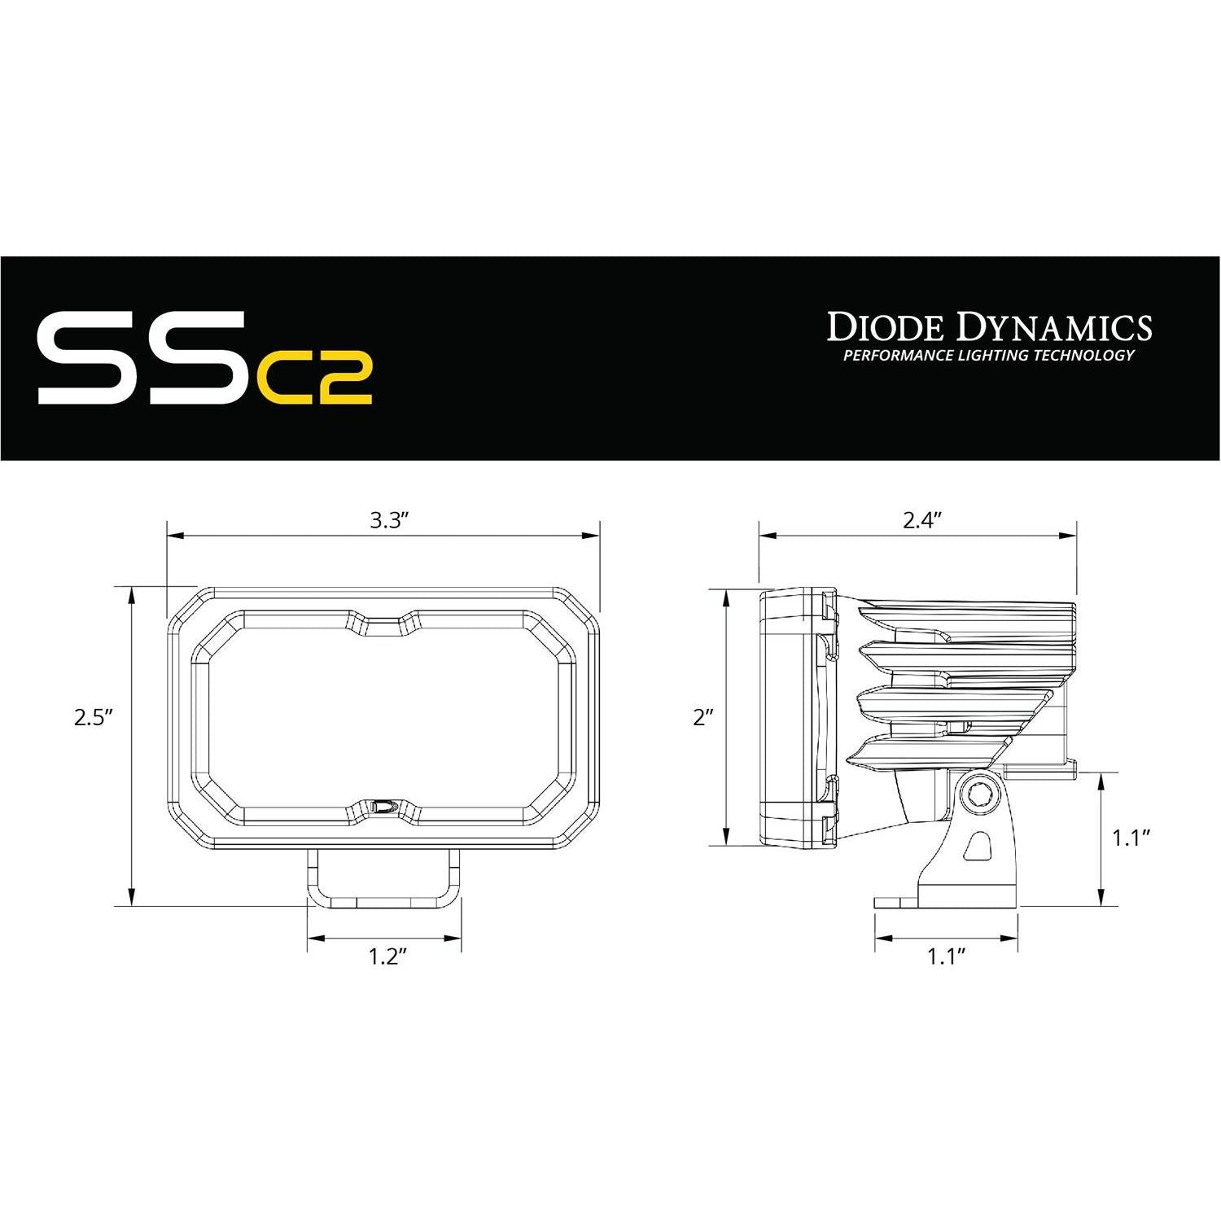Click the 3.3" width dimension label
click(387, 521)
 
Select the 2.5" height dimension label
click(92, 718)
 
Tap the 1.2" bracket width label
click(387, 956)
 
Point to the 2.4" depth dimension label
click(921, 521)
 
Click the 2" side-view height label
click(703, 718)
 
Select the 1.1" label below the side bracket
click(946, 956)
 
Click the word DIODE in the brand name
click(886, 327)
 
